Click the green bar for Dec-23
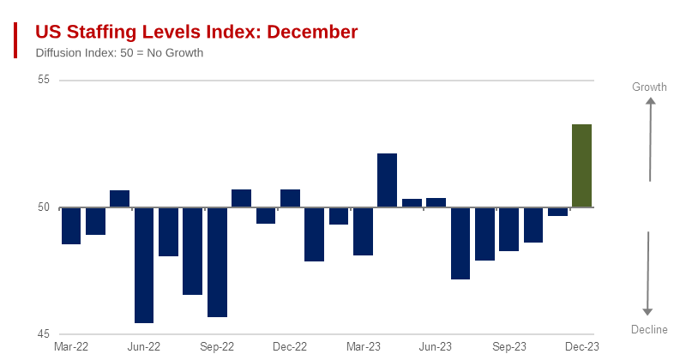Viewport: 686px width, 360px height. [581, 165]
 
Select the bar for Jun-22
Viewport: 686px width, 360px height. [144, 265]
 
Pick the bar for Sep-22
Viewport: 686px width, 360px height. [217, 262]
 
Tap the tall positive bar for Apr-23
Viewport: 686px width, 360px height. [388, 180]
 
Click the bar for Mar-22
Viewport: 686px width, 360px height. [70, 225]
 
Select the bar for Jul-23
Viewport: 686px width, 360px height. [460, 243]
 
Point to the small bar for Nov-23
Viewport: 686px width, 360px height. [557, 212]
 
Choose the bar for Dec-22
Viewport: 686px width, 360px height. [290, 198]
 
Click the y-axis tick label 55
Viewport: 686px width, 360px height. [44, 80]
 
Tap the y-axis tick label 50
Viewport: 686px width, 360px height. [44, 207]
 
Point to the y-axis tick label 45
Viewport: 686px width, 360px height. [44, 334]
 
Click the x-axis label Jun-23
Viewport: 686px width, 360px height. [436, 346]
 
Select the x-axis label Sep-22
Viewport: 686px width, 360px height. [217, 346]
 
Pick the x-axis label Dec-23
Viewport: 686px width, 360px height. [582, 346]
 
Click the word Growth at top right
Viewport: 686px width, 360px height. [649, 87]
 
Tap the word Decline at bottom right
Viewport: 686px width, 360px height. [649, 330]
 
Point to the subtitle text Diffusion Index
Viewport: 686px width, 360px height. [72, 53]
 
